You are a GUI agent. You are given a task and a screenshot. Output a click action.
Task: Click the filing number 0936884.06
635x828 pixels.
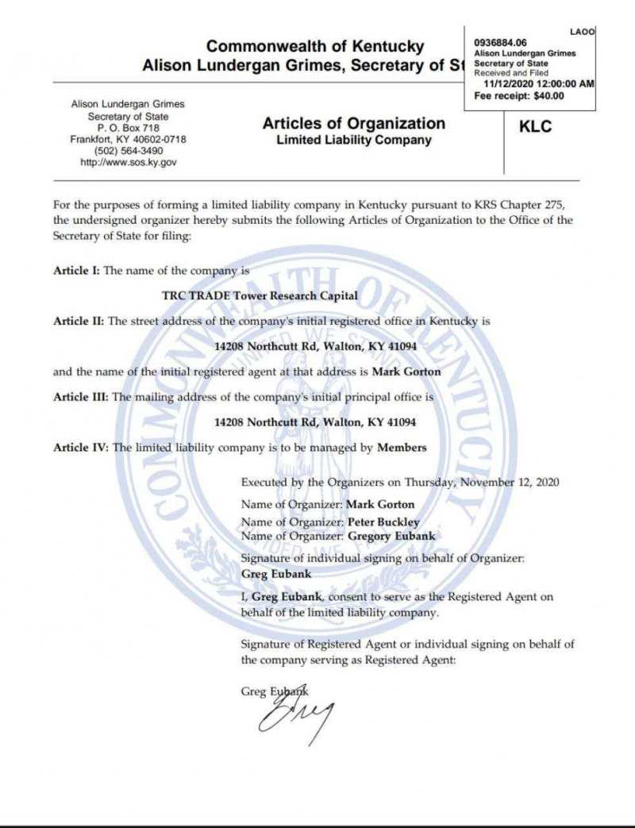point(500,42)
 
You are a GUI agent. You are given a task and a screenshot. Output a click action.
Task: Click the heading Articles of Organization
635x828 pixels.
point(353,123)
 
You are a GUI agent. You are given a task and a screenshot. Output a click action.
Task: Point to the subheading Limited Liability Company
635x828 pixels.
point(353,141)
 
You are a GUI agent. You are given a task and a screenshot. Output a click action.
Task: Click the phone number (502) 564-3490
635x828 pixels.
point(129,151)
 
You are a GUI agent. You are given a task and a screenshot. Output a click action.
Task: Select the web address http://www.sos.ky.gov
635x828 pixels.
point(129,162)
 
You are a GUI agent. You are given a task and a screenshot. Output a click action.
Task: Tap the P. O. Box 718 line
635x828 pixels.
point(129,128)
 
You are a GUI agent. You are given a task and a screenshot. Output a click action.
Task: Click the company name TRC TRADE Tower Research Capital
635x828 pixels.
point(260,296)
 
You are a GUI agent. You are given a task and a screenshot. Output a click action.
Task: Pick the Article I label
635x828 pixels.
point(76,271)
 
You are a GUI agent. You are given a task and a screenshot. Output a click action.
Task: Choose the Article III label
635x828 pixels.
point(82,397)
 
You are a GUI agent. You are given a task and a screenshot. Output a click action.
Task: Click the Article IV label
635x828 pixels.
point(81,448)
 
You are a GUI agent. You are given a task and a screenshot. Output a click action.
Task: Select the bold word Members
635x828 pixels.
point(402,448)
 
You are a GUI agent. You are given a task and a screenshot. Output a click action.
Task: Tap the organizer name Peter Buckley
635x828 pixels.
point(384,522)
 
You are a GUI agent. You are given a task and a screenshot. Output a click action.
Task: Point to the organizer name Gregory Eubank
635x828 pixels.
point(392,536)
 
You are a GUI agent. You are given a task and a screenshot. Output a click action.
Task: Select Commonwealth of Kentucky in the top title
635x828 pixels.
point(315,47)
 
